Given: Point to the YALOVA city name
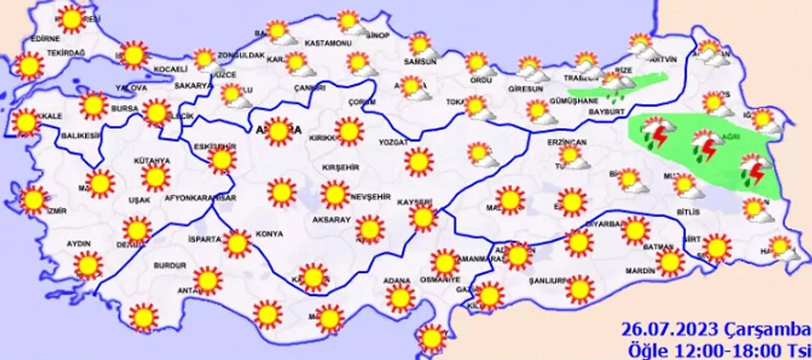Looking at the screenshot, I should [x=129, y=86].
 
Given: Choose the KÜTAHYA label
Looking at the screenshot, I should [x=152, y=162].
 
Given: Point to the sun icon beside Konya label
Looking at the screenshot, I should [x=237, y=243].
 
